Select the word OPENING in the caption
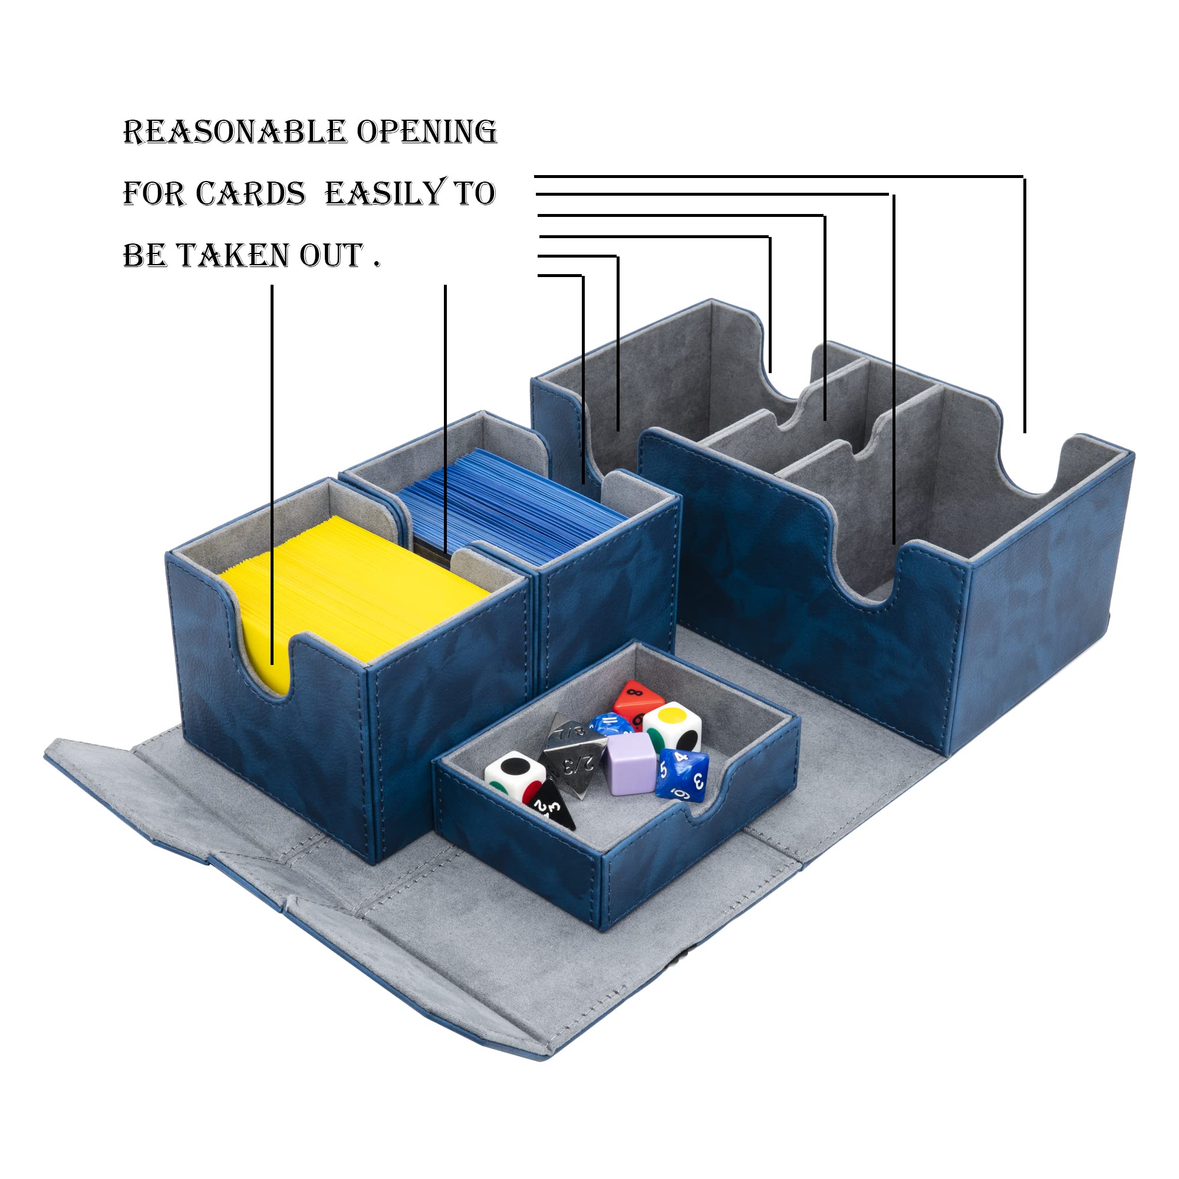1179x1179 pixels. (x=427, y=132)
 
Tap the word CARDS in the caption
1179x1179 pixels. (x=250, y=194)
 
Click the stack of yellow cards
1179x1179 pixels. (x=354, y=586)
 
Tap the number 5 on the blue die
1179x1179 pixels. (x=663, y=769)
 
